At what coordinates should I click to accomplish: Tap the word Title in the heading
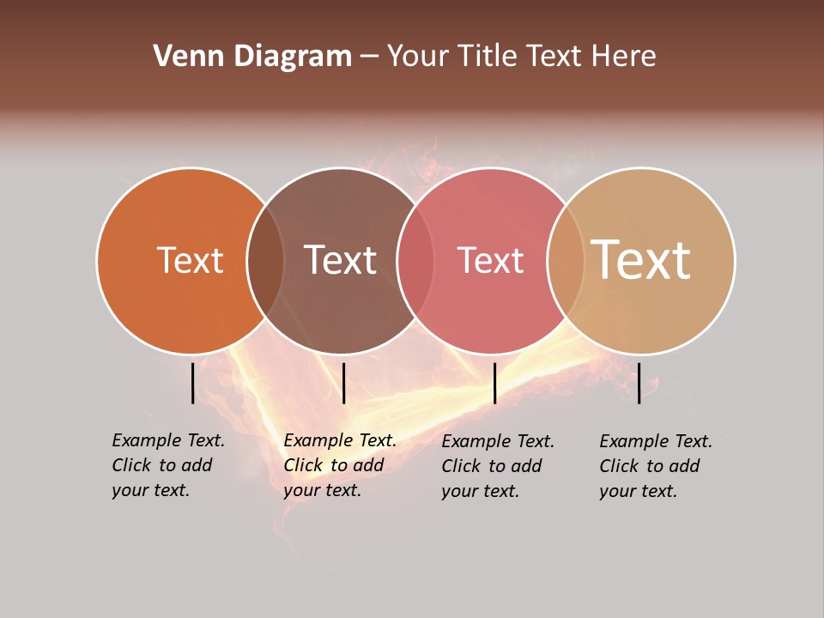pos(488,57)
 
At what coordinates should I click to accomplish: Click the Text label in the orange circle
pos(190,260)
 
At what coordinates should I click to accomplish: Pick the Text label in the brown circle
pos(341,260)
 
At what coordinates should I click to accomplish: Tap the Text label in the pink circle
pos(490,260)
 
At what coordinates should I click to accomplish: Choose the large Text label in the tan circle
pos(641,259)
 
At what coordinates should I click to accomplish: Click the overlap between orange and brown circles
pos(265,261)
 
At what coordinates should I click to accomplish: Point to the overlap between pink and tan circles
pos(565,261)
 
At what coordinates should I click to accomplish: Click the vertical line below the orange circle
pos(192,383)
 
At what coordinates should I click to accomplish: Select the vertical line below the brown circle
pos(343,383)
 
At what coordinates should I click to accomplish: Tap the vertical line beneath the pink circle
pos(494,383)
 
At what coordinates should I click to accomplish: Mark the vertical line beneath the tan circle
pos(639,383)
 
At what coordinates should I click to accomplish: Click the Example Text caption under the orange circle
pos(167,465)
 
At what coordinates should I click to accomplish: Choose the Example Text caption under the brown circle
pos(339,465)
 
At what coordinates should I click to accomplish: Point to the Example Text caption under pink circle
pos(497,466)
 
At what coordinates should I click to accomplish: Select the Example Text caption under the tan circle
pos(655,466)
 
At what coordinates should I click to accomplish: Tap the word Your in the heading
pos(414,57)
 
